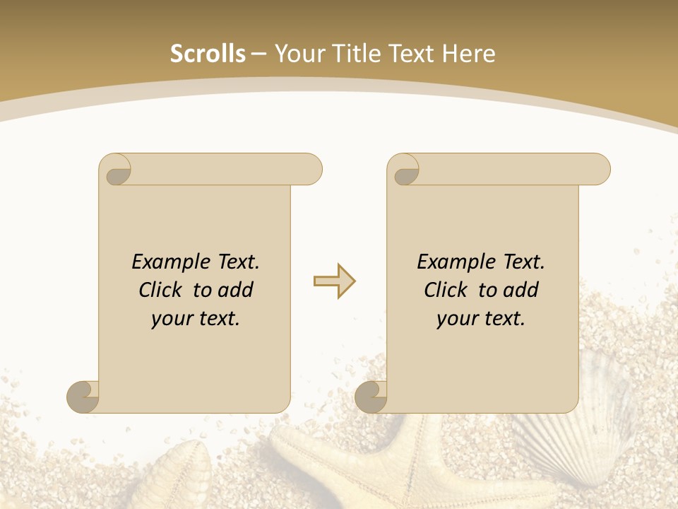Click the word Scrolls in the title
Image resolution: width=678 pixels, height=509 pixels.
pos(208,54)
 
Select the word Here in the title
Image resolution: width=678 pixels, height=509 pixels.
pos(468,54)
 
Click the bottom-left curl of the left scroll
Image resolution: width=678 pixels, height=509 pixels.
pos(83,397)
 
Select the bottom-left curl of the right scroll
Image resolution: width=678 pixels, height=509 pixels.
pos(371,397)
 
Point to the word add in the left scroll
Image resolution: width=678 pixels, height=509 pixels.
pos(236,290)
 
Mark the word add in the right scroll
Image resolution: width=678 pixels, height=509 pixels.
pos(521,290)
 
